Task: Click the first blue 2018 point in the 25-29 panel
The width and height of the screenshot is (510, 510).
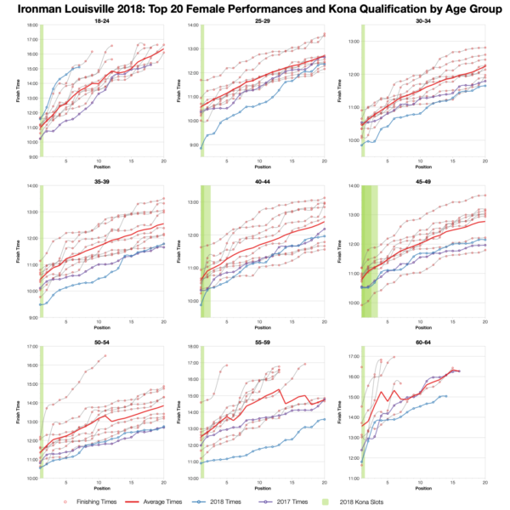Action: (x=201, y=146)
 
